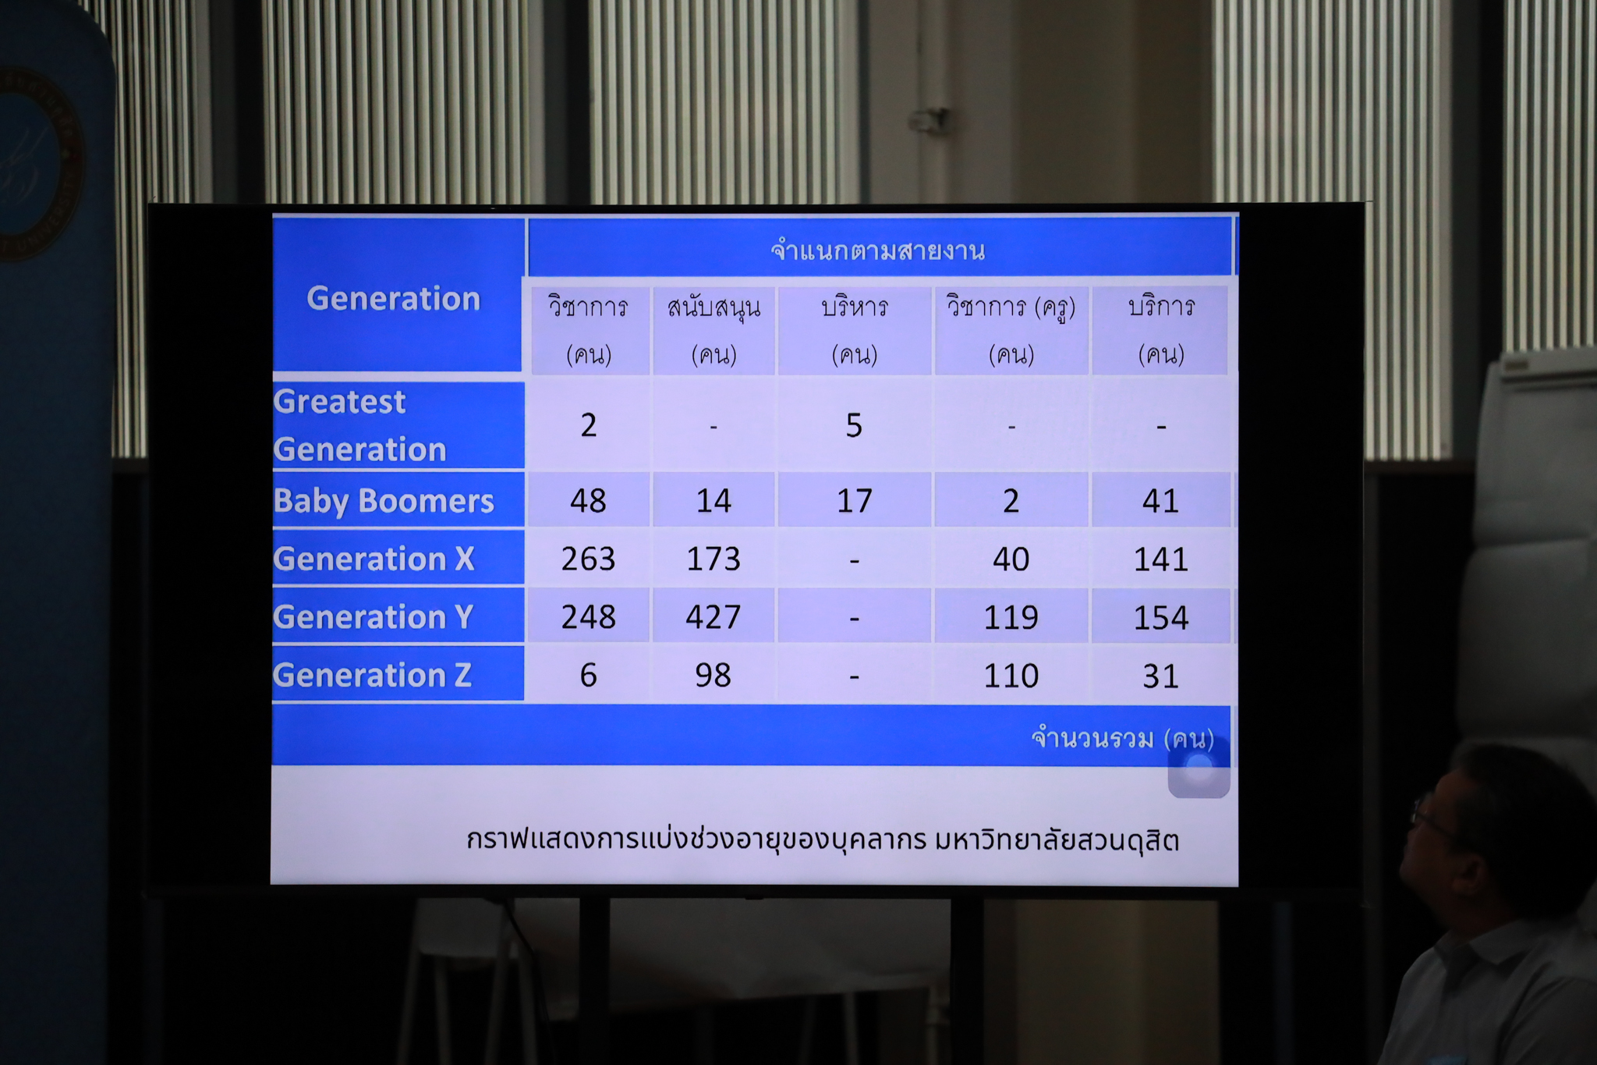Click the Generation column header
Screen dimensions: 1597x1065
[394, 299]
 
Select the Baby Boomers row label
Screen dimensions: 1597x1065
[384, 501]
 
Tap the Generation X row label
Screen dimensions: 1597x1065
[374, 559]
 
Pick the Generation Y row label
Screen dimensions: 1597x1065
[374, 617]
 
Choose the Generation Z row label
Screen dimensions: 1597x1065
[373, 675]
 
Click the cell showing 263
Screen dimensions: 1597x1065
[589, 559]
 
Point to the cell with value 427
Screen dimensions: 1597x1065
[714, 617]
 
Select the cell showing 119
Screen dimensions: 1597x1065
[1011, 618]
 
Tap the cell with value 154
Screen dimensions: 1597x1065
[1161, 618]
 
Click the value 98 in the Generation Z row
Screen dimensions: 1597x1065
[714, 675]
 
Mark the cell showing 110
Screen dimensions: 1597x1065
[1011, 676]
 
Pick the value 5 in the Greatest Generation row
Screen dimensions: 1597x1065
[855, 425]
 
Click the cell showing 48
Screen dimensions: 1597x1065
[589, 501]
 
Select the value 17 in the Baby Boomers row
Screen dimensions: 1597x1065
[855, 501]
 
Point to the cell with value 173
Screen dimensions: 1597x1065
[714, 559]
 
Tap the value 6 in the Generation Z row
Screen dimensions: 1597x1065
[589, 675]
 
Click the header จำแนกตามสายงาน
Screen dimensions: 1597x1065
[878, 250]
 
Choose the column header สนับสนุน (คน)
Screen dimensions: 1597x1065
[714, 331]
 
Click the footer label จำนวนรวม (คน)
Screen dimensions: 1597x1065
[1123, 737]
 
